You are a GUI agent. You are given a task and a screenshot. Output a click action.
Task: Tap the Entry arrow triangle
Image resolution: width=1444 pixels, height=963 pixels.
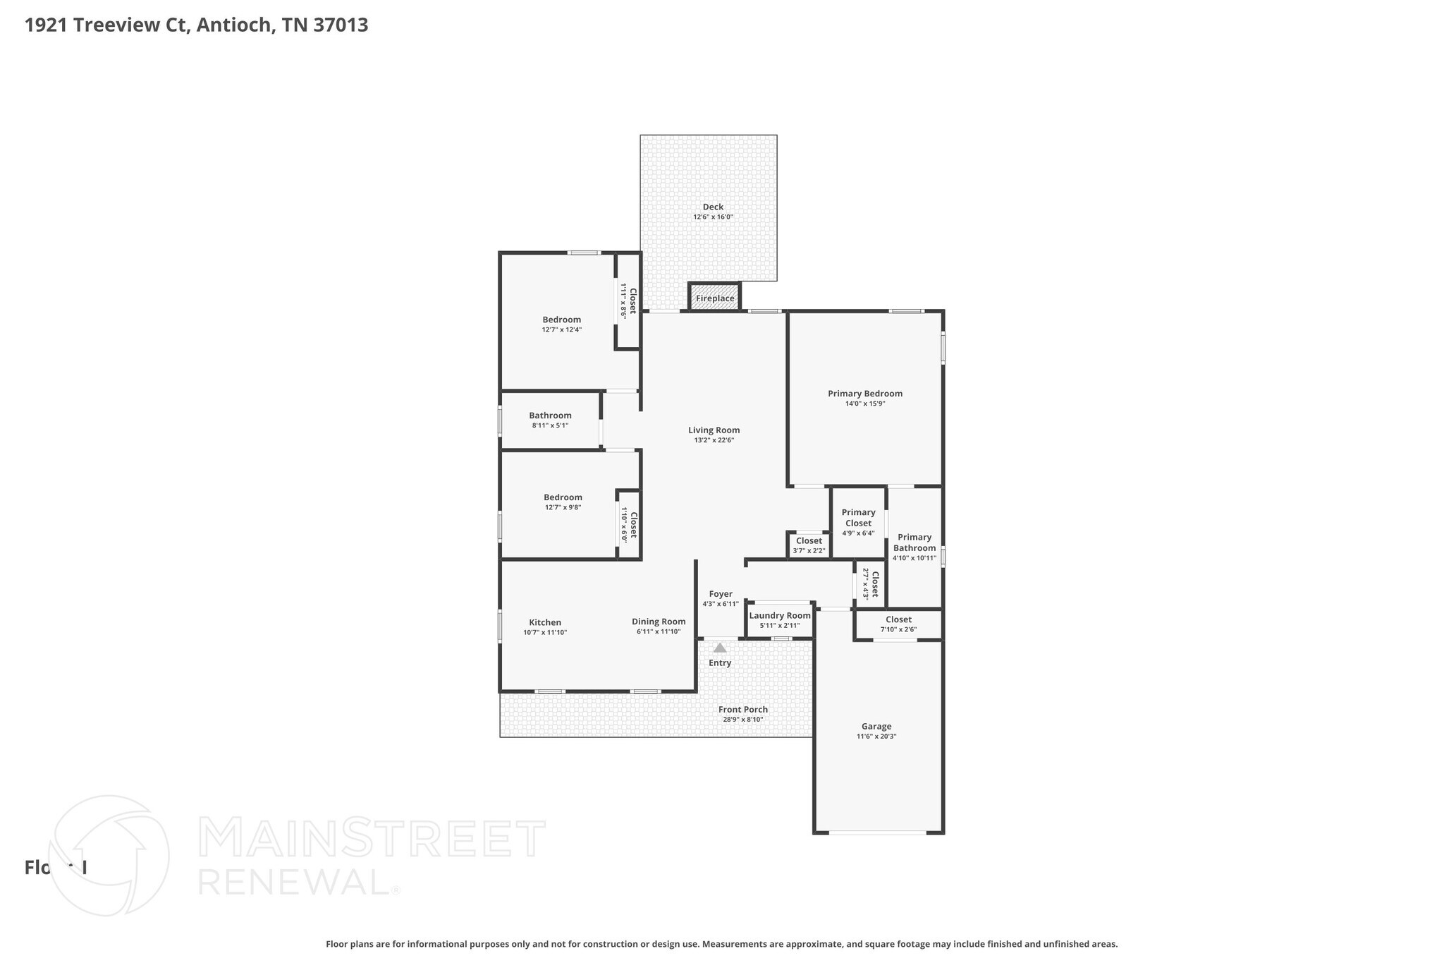[719, 648]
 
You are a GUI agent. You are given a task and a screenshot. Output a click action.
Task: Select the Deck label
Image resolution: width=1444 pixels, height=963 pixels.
[713, 207]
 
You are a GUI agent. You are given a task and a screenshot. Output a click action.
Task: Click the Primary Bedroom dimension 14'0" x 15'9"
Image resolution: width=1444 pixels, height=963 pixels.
[864, 404]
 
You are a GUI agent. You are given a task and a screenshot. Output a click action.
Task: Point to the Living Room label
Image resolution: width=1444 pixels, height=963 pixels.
[714, 430]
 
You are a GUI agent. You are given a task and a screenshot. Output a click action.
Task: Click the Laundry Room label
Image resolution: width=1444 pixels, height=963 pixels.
[779, 615]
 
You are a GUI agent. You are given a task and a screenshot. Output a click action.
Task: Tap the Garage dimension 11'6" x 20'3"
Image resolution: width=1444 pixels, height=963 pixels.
[876, 736]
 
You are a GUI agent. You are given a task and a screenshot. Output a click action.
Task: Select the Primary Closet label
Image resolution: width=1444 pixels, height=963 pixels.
[858, 518]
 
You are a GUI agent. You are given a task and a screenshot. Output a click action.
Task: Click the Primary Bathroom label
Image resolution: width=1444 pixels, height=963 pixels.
[914, 543]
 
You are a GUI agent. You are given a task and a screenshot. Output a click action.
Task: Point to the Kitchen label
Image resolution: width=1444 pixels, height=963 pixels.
[545, 622]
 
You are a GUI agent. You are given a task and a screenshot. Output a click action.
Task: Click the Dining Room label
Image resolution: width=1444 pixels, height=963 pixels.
[658, 622]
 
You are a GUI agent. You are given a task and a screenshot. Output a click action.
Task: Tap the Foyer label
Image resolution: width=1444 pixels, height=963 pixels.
[720, 594]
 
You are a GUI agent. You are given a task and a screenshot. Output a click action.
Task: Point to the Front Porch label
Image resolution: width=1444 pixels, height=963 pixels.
[742, 710]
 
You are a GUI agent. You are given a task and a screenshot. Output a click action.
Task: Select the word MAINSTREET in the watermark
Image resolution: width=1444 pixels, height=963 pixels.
[372, 838]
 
